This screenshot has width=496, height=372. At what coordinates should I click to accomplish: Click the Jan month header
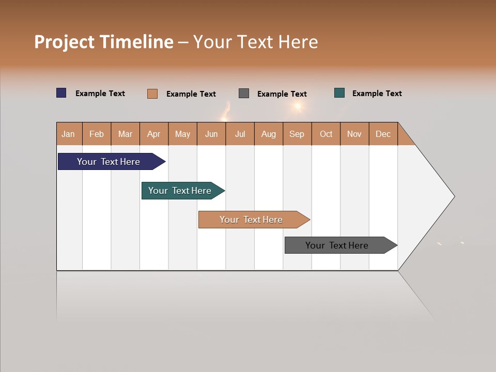(x=69, y=134)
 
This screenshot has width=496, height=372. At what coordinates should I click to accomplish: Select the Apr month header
(x=154, y=134)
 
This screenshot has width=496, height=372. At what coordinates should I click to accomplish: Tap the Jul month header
(x=240, y=134)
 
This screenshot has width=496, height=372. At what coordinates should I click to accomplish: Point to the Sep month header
(x=297, y=134)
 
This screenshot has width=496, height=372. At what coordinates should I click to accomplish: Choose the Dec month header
(x=383, y=134)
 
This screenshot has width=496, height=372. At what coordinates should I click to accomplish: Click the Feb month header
(x=97, y=134)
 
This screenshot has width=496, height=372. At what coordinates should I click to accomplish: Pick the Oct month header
(x=326, y=134)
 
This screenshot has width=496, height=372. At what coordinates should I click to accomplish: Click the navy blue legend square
(x=61, y=93)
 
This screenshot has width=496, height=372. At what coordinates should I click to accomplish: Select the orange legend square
(x=152, y=94)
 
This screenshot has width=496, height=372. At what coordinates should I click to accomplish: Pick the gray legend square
(x=244, y=93)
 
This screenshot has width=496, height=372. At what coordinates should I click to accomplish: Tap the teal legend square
(x=339, y=93)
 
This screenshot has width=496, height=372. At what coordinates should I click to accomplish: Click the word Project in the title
(x=65, y=42)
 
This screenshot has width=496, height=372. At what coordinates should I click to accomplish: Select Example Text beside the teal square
(x=377, y=94)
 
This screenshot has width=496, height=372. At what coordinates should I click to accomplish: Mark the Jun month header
(x=211, y=134)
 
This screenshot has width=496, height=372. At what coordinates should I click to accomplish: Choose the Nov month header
(x=354, y=134)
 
